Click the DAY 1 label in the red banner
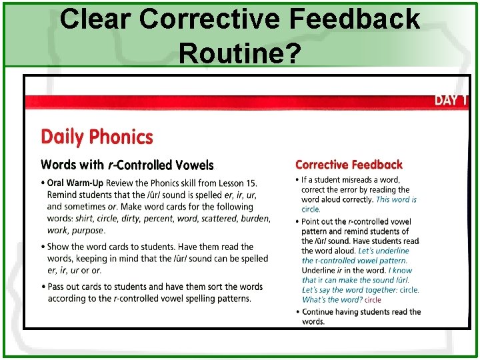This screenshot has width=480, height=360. [451, 101]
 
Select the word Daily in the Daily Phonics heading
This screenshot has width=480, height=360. [63, 137]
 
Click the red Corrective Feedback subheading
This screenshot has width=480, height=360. [349, 165]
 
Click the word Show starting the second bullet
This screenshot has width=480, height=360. [59, 247]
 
